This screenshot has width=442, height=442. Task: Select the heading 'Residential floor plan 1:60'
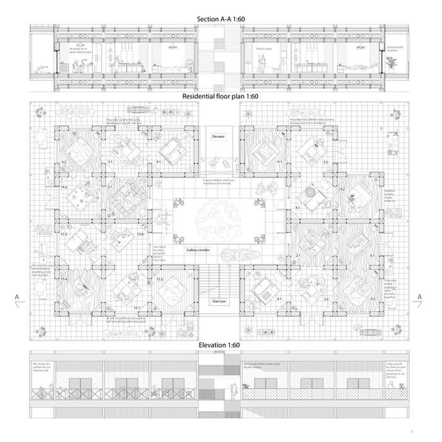[220, 96]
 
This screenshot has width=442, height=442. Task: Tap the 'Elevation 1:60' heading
[220, 345]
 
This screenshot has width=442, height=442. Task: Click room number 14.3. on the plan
[64, 188]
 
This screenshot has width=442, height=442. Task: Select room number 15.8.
[140, 234]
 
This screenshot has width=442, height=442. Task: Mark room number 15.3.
[64, 234]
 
